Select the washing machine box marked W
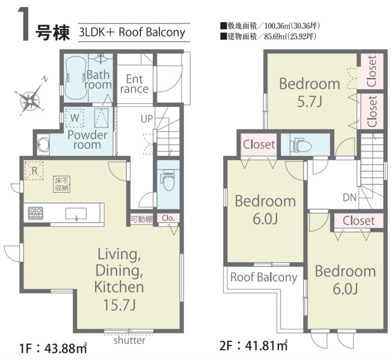[x=75, y=118]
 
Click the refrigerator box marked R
[x=34, y=171]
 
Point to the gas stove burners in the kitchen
[x=35, y=213]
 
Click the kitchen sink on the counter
[x=76, y=214]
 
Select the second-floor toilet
[x=301, y=145]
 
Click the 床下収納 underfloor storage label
[x=62, y=185]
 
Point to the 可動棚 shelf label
[x=141, y=219]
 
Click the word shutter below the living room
[x=129, y=340]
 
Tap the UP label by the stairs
[x=147, y=119]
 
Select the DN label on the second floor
[x=349, y=198]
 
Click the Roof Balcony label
[x=264, y=277]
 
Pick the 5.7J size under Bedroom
[x=310, y=102]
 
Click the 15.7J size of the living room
[x=119, y=305]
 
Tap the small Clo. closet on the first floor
[x=168, y=218]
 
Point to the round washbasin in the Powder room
[x=42, y=144]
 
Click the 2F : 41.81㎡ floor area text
[x=254, y=346]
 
